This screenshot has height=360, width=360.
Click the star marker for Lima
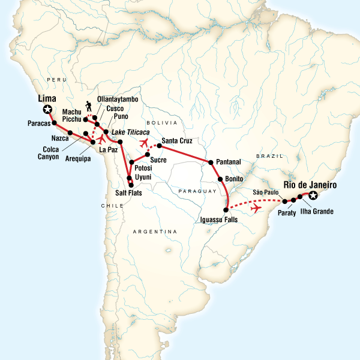[x=47, y=110]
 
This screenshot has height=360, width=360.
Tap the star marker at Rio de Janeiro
[x=312, y=195]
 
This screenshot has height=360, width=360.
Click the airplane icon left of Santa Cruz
[x=143, y=143]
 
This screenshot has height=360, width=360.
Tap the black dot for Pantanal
[x=211, y=163]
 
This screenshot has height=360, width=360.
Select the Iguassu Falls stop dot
[x=226, y=209]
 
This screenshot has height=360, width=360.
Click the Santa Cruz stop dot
[x=159, y=145]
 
